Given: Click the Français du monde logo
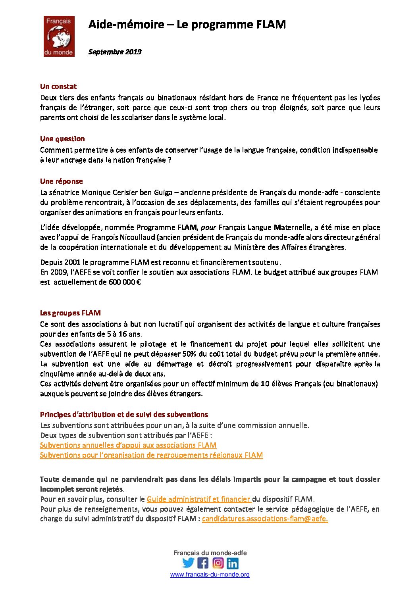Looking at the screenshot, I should tap(59, 36).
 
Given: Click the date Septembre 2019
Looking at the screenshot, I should tap(115, 52).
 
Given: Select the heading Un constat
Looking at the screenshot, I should tap(58, 87).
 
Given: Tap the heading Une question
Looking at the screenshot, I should tap(62, 139).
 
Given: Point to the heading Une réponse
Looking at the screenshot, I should tap(62, 181).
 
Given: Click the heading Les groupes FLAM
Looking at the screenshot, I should tap(70, 313).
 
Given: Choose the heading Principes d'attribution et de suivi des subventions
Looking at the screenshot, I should tap(124, 415).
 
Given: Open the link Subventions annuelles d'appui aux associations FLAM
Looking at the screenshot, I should tap(128, 445).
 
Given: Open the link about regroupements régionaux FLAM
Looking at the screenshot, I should tap(151, 455).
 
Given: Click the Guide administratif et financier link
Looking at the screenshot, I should tap(198, 499).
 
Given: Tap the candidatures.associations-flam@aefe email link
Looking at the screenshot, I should tap(265, 519).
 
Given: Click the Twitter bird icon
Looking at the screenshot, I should tap(188, 563).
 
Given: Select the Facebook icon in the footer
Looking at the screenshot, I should tap(203, 563).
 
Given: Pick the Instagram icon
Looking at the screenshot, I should tap(218, 563).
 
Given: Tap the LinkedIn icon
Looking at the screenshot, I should tap(233, 563).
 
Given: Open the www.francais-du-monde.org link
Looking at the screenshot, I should tap(210, 575).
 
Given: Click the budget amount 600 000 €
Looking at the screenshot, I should tap(125, 282).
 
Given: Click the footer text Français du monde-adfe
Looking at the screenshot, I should tap(210, 553).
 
